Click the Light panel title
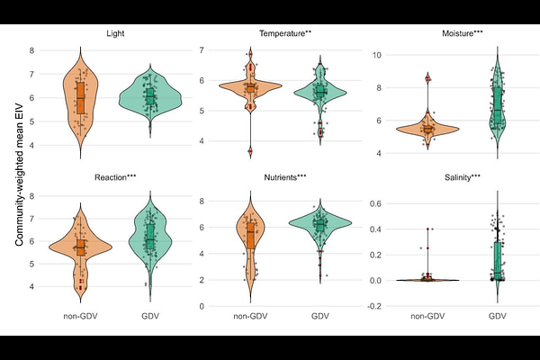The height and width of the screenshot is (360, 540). pos(114,33)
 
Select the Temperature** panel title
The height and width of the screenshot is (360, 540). pos(285,33)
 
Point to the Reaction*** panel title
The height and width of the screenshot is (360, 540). pos(114,177)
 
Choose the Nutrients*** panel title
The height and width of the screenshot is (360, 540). pos(285,177)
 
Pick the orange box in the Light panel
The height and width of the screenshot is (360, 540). pos(80,97)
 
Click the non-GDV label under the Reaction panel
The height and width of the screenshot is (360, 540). pos(80,317)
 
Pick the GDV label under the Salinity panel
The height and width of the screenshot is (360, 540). pos(498,317)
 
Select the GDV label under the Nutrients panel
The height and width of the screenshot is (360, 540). pos(320,317)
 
